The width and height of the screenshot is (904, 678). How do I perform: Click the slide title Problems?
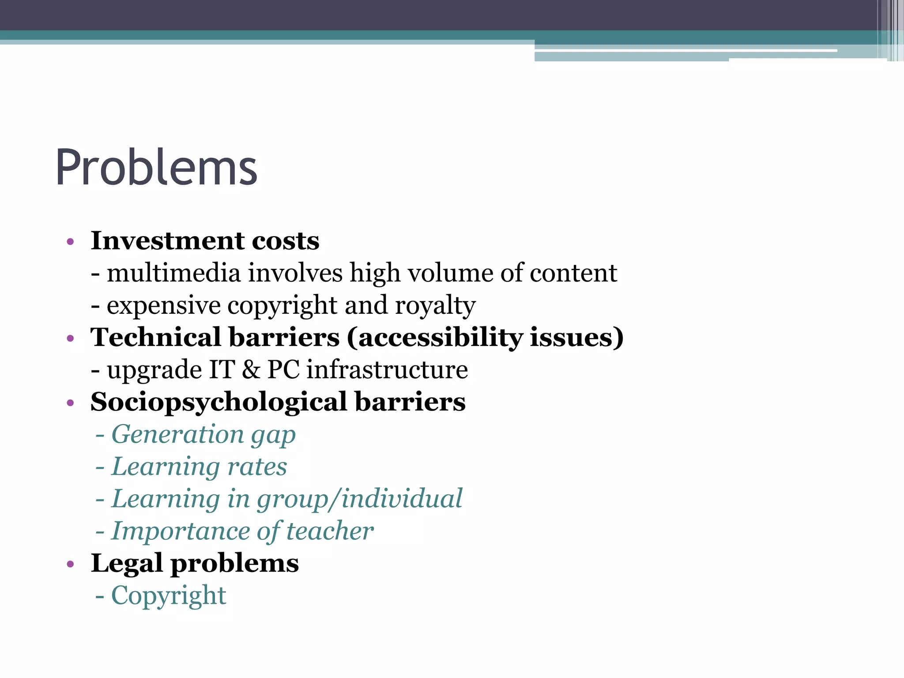click(156, 168)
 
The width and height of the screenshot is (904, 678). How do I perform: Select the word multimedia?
click(173, 273)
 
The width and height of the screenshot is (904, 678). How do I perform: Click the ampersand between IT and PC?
click(251, 370)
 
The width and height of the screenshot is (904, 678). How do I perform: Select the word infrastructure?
click(387, 370)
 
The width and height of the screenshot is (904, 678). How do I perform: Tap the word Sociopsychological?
click(218, 402)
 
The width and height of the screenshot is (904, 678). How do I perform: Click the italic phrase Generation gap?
click(203, 435)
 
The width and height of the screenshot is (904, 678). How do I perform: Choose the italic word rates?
click(257, 467)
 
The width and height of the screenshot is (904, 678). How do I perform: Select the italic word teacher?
click(330, 531)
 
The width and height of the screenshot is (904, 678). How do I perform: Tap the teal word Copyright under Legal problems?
click(169, 596)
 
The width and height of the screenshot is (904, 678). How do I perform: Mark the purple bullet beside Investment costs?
click(70, 242)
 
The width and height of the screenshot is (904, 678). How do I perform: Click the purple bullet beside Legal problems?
click(70, 565)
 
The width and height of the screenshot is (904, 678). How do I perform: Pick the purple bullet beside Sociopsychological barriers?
click(70, 403)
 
